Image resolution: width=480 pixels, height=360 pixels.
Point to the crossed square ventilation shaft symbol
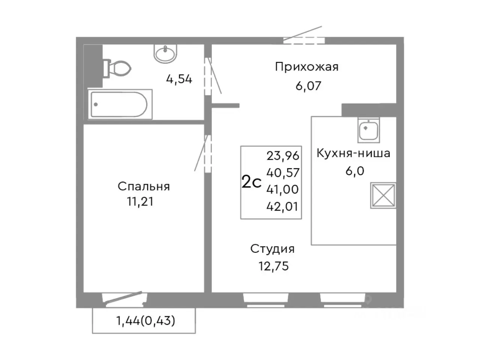[x=383, y=195]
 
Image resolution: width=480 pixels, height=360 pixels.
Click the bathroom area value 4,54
[x=179, y=79]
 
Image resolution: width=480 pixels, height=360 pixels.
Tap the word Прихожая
[x=306, y=67]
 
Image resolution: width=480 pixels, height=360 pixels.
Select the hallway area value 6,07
[x=308, y=86]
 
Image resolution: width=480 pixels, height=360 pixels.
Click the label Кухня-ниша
[x=353, y=153]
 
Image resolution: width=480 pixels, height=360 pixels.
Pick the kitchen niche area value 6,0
[x=355, y=171]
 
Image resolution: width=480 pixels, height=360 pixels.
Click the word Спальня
[x=144, y=186]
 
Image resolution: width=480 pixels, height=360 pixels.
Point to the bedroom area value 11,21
[x=140, y=202]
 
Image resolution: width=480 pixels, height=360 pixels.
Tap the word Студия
[x=272, y=249]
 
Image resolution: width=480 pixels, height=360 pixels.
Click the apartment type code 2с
[x=251, y=183]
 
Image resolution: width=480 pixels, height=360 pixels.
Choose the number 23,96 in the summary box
[x=283, y=155]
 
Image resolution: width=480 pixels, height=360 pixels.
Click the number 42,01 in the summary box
[x=283, y=206]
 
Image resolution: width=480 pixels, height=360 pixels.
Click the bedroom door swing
[x=201, y=153]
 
